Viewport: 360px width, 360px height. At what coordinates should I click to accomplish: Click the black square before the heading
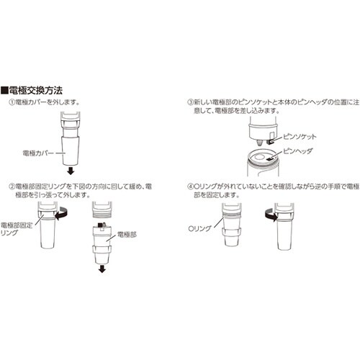tap(5, 91)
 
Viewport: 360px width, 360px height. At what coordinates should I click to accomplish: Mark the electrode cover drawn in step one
tap(68, 148)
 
